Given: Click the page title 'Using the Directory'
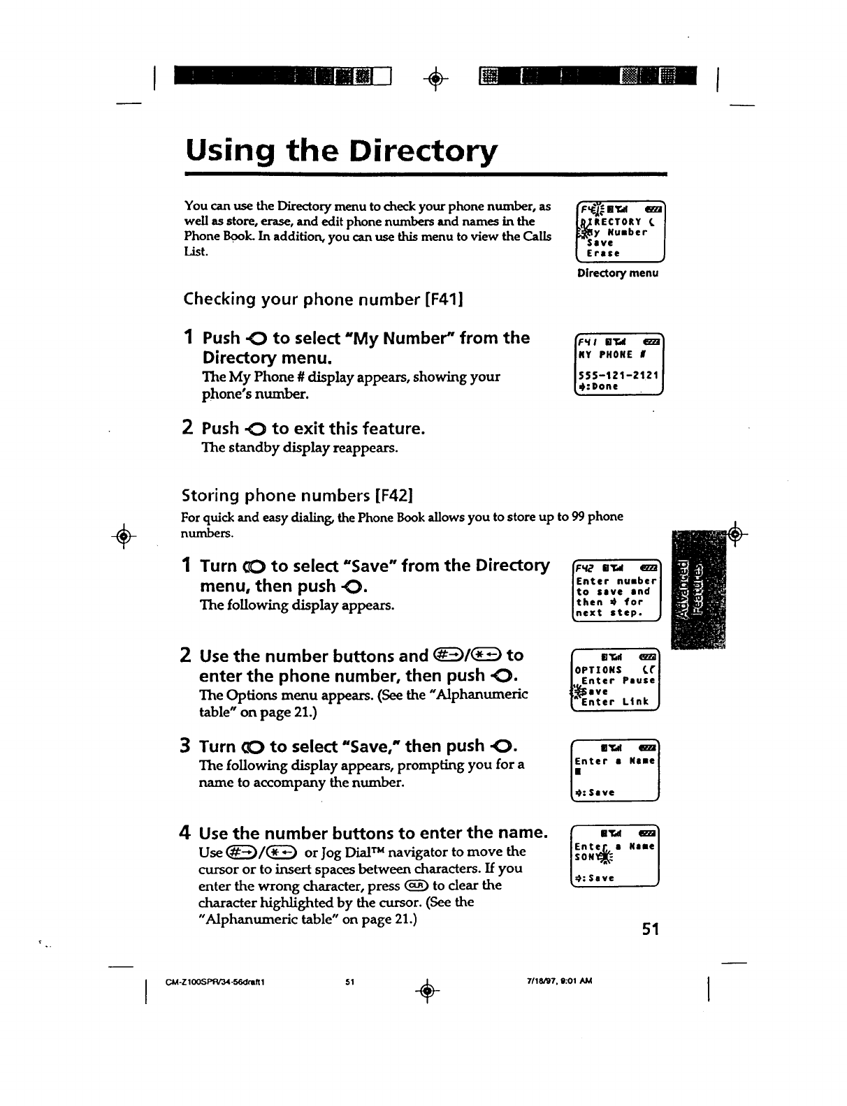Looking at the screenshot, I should [341, 151].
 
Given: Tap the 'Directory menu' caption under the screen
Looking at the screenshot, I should [618, 273].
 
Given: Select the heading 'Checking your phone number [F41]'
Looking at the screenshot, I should [324, 300].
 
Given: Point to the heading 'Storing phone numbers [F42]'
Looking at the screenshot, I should [298, 496].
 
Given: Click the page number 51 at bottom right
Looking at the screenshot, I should [651, 929].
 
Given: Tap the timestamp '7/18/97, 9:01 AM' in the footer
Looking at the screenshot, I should [559, 981].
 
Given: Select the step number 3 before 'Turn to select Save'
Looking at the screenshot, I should [187, 746].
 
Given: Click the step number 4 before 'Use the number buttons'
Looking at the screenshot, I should [186, 833].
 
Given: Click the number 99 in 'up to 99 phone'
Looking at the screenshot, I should [578, 517].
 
